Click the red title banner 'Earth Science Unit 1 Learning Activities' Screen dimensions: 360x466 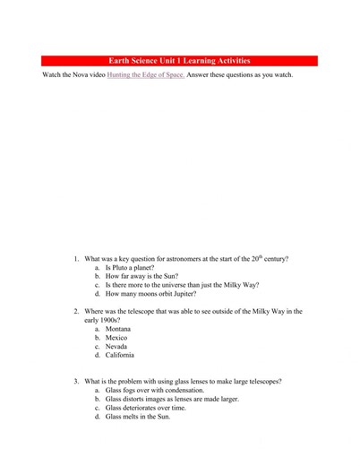click(x=180, y=61)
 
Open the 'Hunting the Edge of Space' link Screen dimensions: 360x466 click(x=145, y=74)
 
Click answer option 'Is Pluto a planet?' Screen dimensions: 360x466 click(x=130, y=268)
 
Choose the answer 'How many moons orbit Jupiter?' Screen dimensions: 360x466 click(x=150, y=294)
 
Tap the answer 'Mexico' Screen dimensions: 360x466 click(x=117, y=338)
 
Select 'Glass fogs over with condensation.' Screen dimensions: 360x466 click(x=155, y=391)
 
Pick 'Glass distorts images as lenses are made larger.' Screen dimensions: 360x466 click(x=172, y=399)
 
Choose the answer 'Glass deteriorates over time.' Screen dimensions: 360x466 click(x=146, y=408)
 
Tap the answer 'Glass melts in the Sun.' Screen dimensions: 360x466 click(x=138, y=417)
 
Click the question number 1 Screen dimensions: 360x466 click(x=76, y=259)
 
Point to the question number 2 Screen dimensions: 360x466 click(x=76, y=311)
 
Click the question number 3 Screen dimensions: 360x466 click(x=76, y=381)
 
